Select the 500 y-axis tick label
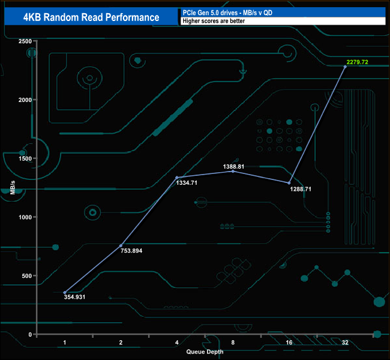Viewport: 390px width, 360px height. pyautogui.click(x=26, y=276)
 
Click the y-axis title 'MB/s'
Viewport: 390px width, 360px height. pyautogui.click(x=13, y=187)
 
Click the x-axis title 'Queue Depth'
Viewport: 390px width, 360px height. pyautogui.click(x=205, y=352)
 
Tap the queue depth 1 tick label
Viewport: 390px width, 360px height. pyautogui.click(x=65, y=343)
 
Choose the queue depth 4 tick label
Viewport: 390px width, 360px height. pyautogui.click(x=176, y=343)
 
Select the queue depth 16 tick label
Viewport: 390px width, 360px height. pyautogui.click(x=289, y=343)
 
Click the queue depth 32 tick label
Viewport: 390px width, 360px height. pyautogui.click(x=344, y=343)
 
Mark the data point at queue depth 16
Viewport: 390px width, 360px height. pyautogui.click(x=289, y=183)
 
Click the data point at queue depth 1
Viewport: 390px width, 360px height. pyautogui.click(x=65, y=292)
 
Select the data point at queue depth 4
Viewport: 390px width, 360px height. pyautogui.click(x=177, y=178)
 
